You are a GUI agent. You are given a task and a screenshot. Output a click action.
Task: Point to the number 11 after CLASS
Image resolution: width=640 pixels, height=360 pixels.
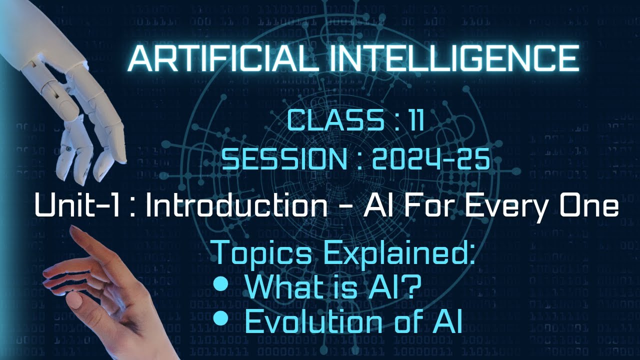click(x=413, y=121)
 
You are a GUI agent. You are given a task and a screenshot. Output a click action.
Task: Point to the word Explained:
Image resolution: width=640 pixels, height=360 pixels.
click(x=397, y=253)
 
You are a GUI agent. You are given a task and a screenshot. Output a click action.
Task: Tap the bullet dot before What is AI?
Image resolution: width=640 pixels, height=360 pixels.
click(x=220, y=284)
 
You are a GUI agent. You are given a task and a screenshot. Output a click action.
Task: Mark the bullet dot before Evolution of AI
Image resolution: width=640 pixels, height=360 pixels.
click(x=220, y=318)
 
